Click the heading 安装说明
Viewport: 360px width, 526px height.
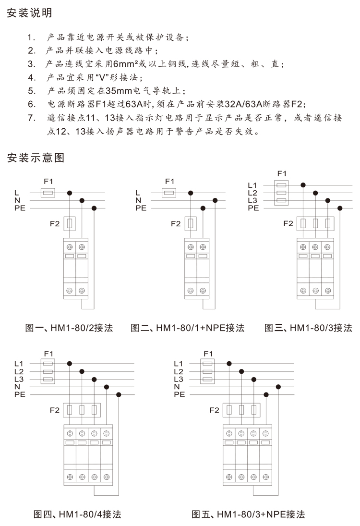click(x=29, y=13)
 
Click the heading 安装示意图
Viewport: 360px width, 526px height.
click(x=36, y=158)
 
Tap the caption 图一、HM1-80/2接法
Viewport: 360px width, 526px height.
click(x=69, y=328)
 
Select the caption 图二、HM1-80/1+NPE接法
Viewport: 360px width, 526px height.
click(x=187, y=328)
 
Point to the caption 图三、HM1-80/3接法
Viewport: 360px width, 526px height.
click(x=308, y=328)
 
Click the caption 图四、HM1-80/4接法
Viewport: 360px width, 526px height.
click(x=77, y=514)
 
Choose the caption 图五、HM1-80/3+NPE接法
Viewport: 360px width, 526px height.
click(x=248, y=514)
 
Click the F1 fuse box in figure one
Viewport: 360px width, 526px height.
click(x=48, y=193)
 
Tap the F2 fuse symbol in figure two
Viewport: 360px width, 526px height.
click(x=191, y=223)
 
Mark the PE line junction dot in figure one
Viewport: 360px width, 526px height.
click(x=94, y=208)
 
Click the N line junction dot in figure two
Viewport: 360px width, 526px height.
click(x=215, y=200)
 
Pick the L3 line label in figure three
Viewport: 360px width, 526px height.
click(x=252, y=201)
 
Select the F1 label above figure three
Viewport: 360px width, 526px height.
click(x=282, y=173)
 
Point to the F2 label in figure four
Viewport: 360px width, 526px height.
click(x=55, y=410)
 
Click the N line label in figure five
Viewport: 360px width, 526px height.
click(x=177, y=387)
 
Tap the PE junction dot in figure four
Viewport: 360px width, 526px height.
click(x=119, y=394)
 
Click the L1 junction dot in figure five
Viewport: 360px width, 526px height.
click(x=229, y=364)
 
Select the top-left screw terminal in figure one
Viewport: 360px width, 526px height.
click(x=70, y=247)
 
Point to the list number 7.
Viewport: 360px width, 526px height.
click(x=32, y=118)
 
